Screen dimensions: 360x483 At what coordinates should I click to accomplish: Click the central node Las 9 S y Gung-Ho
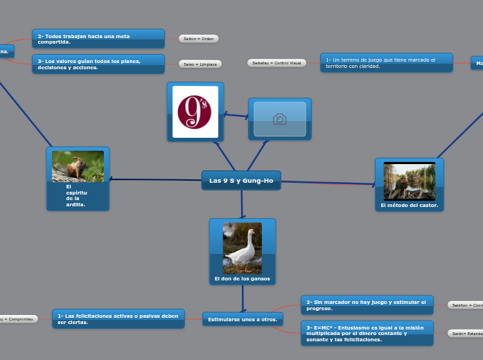coord(241,181)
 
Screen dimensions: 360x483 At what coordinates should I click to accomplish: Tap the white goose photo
coord(243,248)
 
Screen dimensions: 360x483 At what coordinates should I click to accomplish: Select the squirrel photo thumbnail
coord(78,166)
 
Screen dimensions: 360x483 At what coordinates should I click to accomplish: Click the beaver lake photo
coord(410,180)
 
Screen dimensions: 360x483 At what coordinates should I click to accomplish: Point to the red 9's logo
coord(195,112)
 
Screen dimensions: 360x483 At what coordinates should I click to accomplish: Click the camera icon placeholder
coord(279,119)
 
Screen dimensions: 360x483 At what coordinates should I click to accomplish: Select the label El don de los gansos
coord(243,279)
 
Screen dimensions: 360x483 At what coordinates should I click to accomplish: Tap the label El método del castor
coord(410,205)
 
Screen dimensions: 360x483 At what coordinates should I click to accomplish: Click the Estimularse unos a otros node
coord(243,319)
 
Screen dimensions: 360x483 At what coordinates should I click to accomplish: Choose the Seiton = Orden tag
coord(198,39)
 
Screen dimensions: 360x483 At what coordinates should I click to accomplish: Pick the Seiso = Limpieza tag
coord(200,64)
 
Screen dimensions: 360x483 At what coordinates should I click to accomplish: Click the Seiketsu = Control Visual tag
coord(276,63)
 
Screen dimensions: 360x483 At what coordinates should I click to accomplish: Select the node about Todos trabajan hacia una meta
coord(98,39)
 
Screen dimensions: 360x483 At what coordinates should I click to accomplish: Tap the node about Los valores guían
coord(98,64)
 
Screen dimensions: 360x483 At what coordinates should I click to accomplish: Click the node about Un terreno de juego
coord(386,63)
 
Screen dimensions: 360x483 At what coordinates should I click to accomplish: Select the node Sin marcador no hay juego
coord(367,305)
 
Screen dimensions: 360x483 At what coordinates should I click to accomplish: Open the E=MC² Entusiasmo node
coord(367,333)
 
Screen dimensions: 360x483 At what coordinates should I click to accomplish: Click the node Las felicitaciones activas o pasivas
coord(118,318)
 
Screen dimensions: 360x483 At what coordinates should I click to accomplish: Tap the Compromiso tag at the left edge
coord(17,319)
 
